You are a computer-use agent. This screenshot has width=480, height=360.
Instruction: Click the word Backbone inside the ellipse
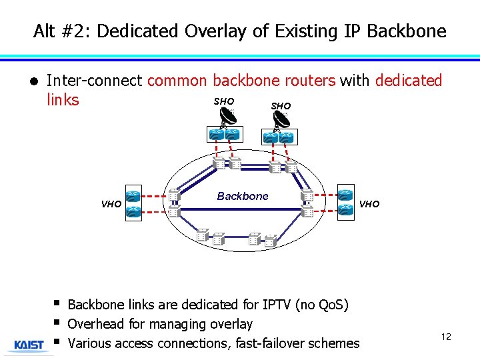click(x=243, y=196)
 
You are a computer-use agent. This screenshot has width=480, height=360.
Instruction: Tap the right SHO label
click(x=281, y=106)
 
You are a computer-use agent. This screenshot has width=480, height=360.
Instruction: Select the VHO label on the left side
click(x=111, y=205)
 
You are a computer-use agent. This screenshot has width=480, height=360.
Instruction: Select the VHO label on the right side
click(x=369, y=204)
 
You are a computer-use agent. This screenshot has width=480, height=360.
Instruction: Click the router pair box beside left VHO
click(x=133, y=203)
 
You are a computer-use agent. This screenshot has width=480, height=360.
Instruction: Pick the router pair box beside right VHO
click(x=345, y=202)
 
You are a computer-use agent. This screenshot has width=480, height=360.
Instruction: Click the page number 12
click(x=446, y=337)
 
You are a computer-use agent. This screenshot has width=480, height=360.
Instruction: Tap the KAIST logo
click(x=29, y=345)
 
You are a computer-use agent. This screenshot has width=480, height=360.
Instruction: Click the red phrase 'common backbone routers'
click(x=241, y=81)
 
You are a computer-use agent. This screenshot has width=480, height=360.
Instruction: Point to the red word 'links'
click(x=63, y=100)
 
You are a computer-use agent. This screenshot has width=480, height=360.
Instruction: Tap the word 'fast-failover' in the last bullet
click(x=267, y=343)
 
